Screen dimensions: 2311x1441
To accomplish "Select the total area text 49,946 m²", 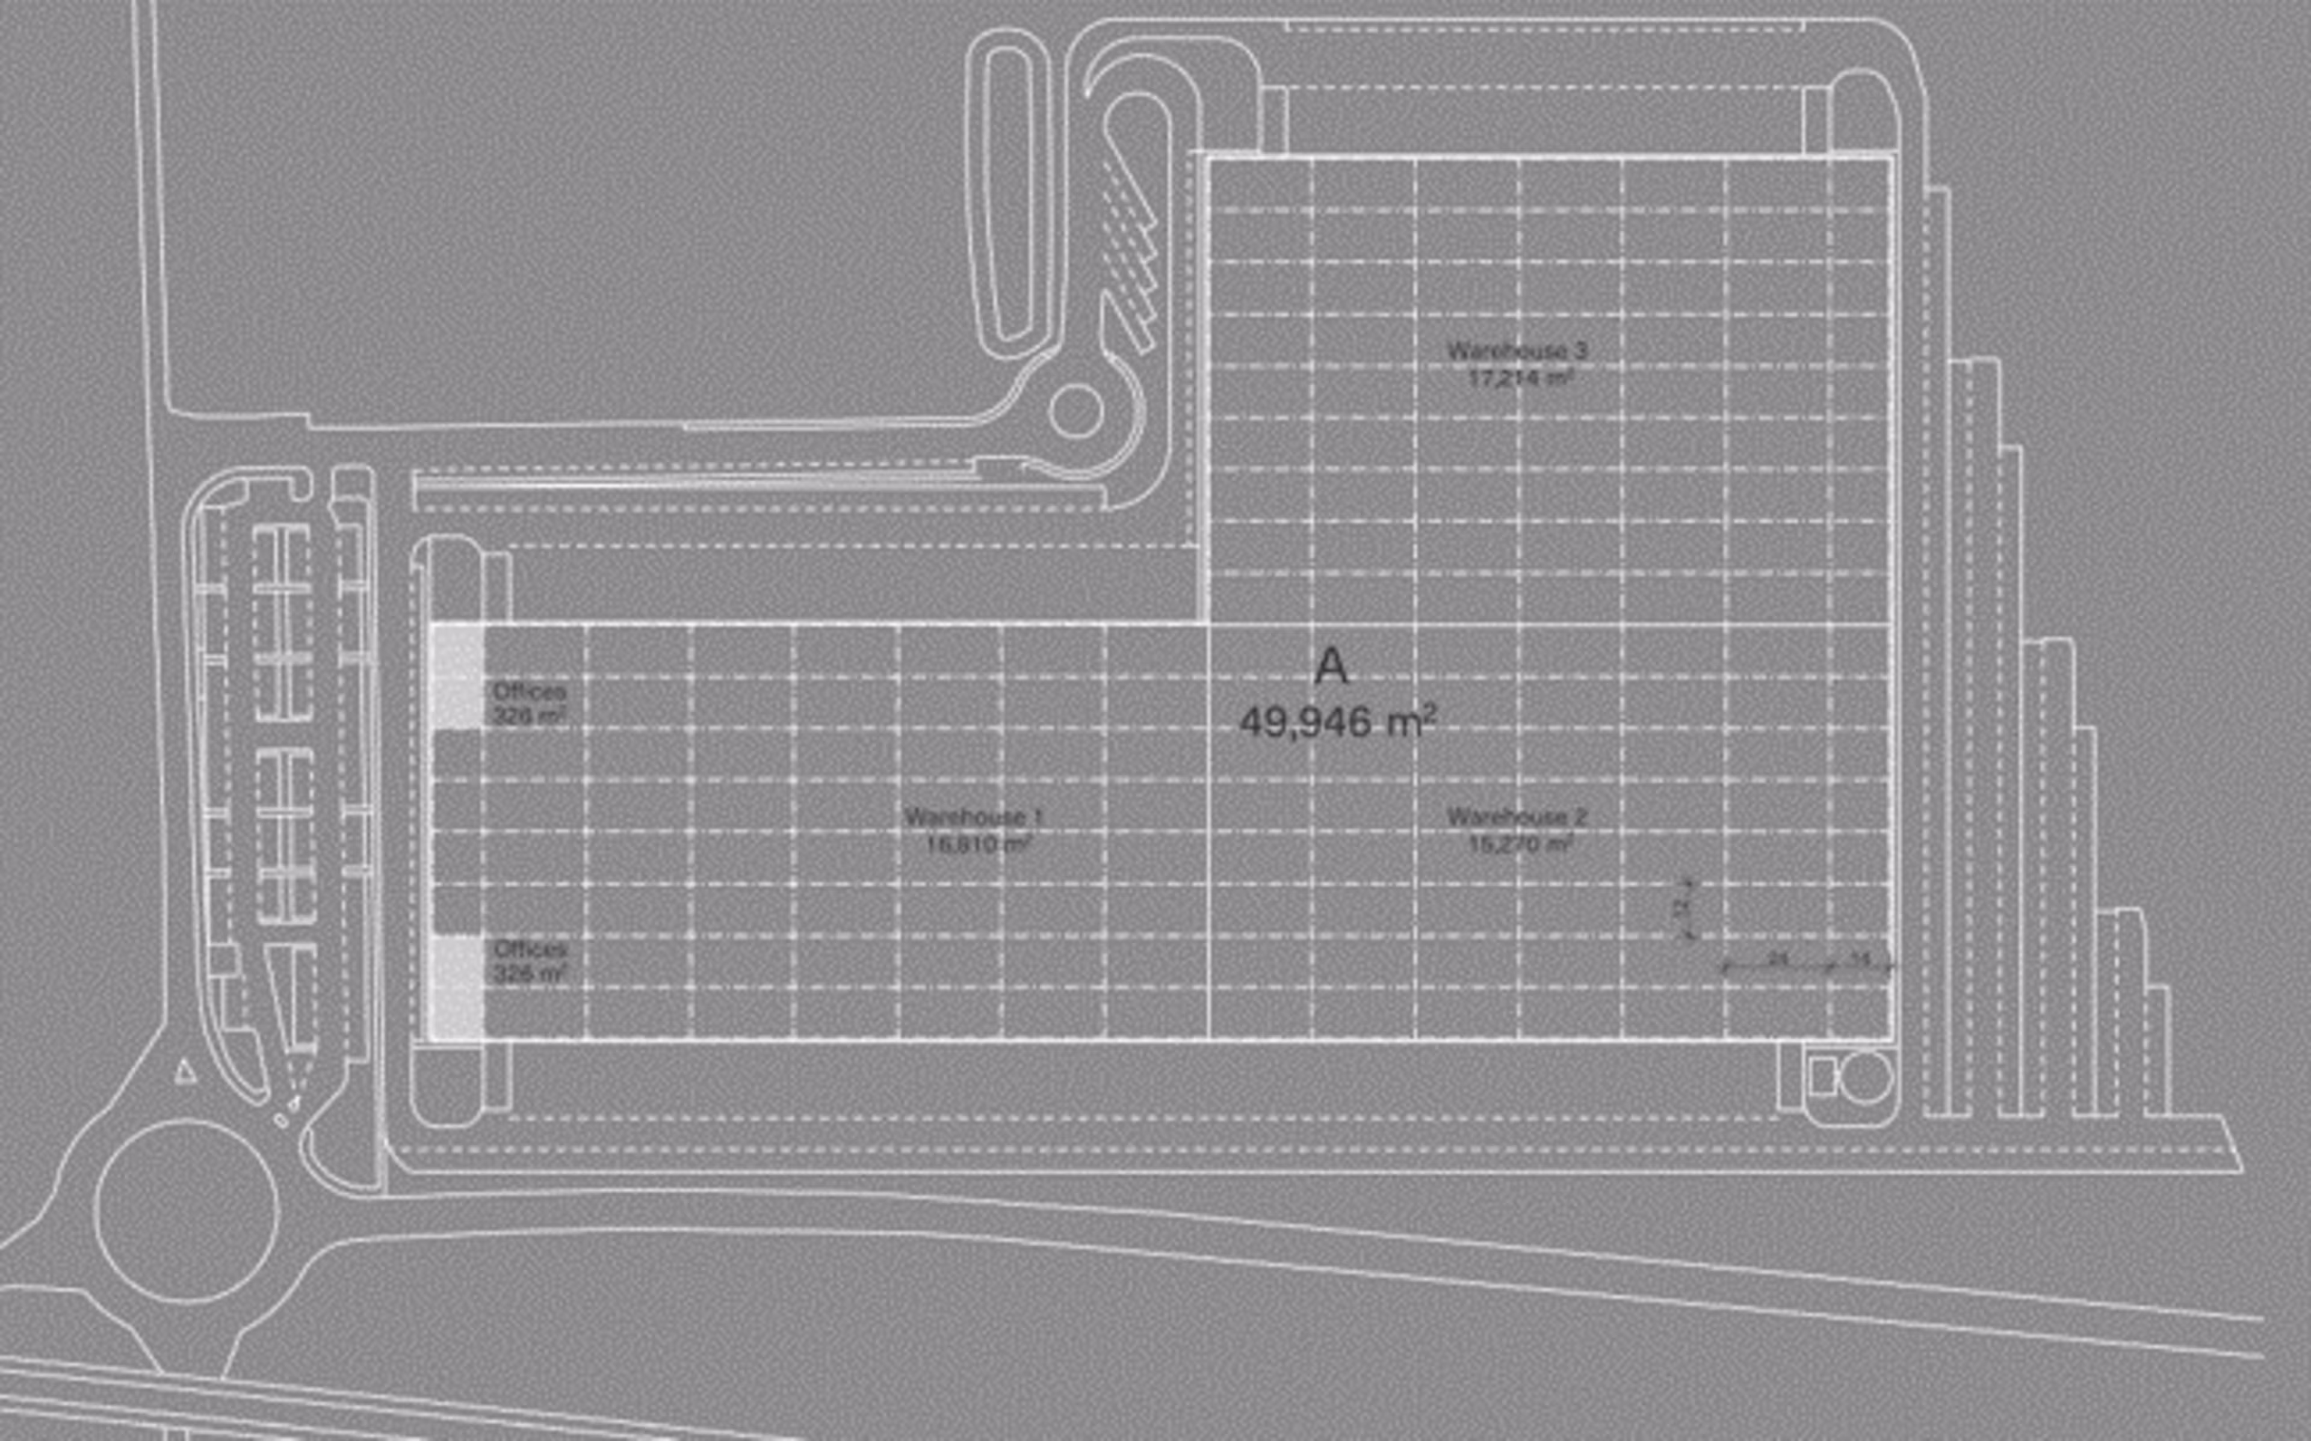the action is pos(1337,722).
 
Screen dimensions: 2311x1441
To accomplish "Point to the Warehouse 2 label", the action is pos(1517,817).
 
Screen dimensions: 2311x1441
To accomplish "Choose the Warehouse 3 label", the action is pos(1517,351).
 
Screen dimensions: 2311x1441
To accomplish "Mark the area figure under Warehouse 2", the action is pos(1520,843).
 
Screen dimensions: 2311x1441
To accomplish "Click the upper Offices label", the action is pos(529,691).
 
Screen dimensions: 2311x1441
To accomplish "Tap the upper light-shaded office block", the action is pos(457,677).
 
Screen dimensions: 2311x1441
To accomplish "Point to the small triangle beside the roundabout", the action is pos(185,1073).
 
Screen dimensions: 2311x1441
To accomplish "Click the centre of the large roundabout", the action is pos(187,1211).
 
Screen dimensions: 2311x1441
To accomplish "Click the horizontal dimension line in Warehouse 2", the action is pos(1805,965).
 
